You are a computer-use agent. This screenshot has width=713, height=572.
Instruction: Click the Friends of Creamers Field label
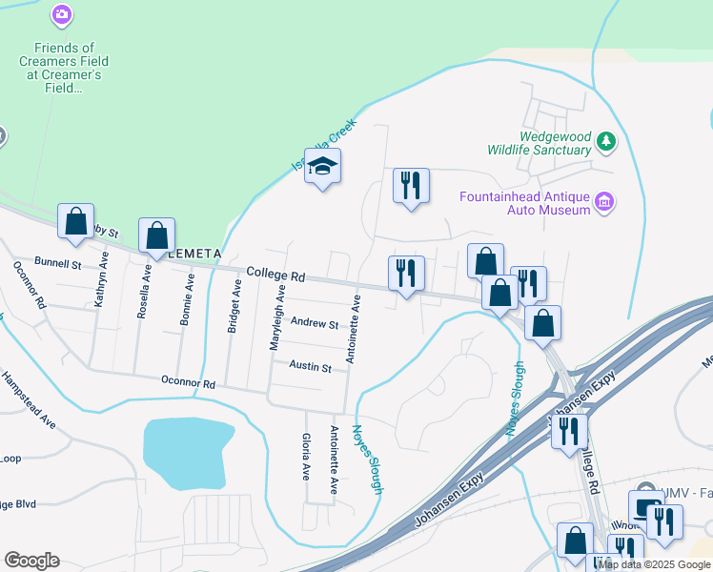64,68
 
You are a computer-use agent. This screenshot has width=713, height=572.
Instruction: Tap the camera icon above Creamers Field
62,14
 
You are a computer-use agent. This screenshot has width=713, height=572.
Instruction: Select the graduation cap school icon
322,166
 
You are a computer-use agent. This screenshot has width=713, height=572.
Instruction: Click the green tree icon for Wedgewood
605,142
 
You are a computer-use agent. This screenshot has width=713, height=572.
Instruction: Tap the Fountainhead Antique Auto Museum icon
603,201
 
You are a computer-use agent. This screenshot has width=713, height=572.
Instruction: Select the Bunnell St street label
59,260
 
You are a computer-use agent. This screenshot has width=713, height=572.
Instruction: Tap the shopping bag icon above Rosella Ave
156,235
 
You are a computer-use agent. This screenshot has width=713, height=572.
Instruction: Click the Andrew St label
314,324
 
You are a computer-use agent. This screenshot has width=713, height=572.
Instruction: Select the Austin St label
310,367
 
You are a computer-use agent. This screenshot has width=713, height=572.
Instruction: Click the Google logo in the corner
31,561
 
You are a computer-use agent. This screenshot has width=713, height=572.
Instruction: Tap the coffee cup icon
645,505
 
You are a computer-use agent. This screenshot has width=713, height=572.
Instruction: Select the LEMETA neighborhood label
194,254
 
